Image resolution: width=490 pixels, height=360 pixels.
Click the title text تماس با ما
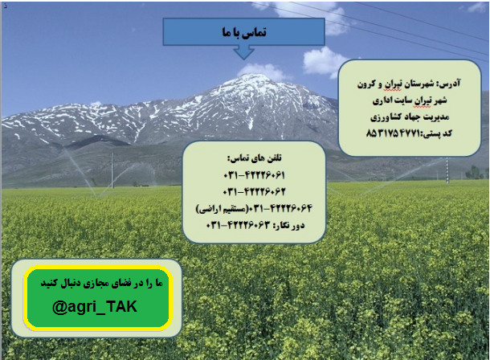point(244,32)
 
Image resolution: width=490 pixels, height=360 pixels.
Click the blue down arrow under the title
point(243,52)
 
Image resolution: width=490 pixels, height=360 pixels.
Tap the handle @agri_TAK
point(95,307)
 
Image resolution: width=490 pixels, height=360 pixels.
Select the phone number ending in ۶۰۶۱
point(254,175)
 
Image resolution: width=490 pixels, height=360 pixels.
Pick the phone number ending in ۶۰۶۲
point(254,191)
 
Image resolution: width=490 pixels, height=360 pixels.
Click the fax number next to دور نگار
point(238,225)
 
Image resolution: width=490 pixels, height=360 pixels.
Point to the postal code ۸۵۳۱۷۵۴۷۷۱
point(394,133)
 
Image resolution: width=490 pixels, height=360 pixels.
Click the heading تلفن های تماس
point(255,158)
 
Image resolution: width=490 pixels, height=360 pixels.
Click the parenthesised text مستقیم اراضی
point(222,209)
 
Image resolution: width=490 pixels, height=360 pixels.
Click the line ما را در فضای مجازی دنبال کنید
point(101,284)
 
